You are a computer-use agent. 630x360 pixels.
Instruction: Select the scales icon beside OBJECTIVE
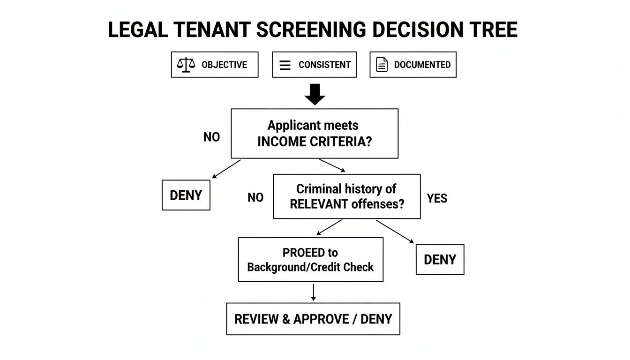click(x=186, y=65)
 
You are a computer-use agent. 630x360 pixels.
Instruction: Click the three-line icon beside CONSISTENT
click(x=285, y=65)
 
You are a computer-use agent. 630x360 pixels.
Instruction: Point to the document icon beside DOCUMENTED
click(x=382, y=65)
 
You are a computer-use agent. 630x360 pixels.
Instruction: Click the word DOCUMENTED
click(x=422, y=65)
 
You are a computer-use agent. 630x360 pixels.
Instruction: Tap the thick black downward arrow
click(x=315, y=94)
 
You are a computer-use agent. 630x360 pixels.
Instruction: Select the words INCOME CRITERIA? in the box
click(x=314, y=142)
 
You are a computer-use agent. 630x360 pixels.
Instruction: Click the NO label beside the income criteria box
click(x=211, y=137)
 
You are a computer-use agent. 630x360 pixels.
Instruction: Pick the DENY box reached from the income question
click(x=186, y=195)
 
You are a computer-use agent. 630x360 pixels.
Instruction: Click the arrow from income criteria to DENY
click(x=226, y=169)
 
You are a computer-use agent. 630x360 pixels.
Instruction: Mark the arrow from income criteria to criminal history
click(x=332, y=165)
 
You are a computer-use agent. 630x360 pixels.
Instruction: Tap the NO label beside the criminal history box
click(x=255, y=198)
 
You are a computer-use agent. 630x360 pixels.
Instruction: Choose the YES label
click(x=437, y=198)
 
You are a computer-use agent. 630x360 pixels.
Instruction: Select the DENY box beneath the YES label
click(x=440, y=259)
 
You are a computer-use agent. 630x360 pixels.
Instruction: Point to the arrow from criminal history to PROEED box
click(x=330, y=227)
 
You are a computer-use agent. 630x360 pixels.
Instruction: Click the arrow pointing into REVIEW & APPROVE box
click(x=314, y=292)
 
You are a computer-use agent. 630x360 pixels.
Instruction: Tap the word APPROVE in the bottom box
click(x=321, y=319)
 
